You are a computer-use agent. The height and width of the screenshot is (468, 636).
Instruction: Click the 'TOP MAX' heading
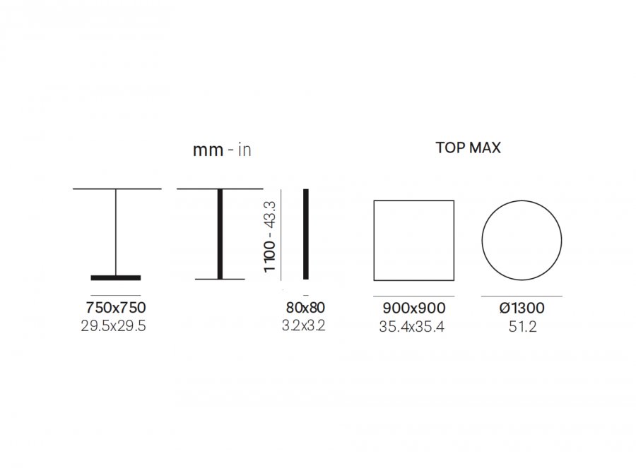click(x=468, y=148)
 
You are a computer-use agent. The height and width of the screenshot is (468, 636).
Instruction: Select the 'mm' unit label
click(x=208, y=150)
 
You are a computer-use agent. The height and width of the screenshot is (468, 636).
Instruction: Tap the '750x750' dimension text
click(x=116, y=308)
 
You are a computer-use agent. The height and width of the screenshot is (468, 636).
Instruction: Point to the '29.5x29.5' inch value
click(x=113, y=326)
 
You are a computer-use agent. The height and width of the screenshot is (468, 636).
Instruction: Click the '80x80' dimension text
click(x=305, y=308)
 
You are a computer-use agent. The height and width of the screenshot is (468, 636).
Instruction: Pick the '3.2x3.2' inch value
click(x=303, y=325)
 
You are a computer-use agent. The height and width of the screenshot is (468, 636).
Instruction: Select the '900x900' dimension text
click(x=413, y=308)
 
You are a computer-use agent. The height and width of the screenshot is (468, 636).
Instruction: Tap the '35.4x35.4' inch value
click(x=412, y=327)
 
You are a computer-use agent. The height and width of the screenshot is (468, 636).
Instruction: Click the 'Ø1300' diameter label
click(x=522, y=308)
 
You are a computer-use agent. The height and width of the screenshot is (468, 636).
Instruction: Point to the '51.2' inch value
click(x=522, y=327)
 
